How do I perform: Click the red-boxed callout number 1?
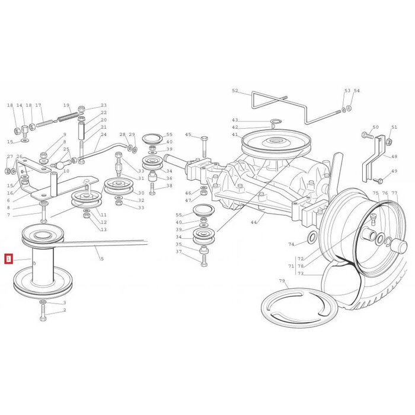[8, 258]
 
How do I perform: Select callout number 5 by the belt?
[101, 258]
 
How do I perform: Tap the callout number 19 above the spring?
[66, 105]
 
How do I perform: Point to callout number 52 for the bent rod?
[235, 91]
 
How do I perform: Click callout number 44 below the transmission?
[254, 222]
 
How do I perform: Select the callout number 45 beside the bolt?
[188, 135]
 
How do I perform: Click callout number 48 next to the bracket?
[394, 157]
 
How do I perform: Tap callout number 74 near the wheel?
[291, 244]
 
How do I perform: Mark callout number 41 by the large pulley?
[235, 135]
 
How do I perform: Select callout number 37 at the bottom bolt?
[178, 252]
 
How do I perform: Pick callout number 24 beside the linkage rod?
[104, 135]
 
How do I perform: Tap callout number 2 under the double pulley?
[64, 310]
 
